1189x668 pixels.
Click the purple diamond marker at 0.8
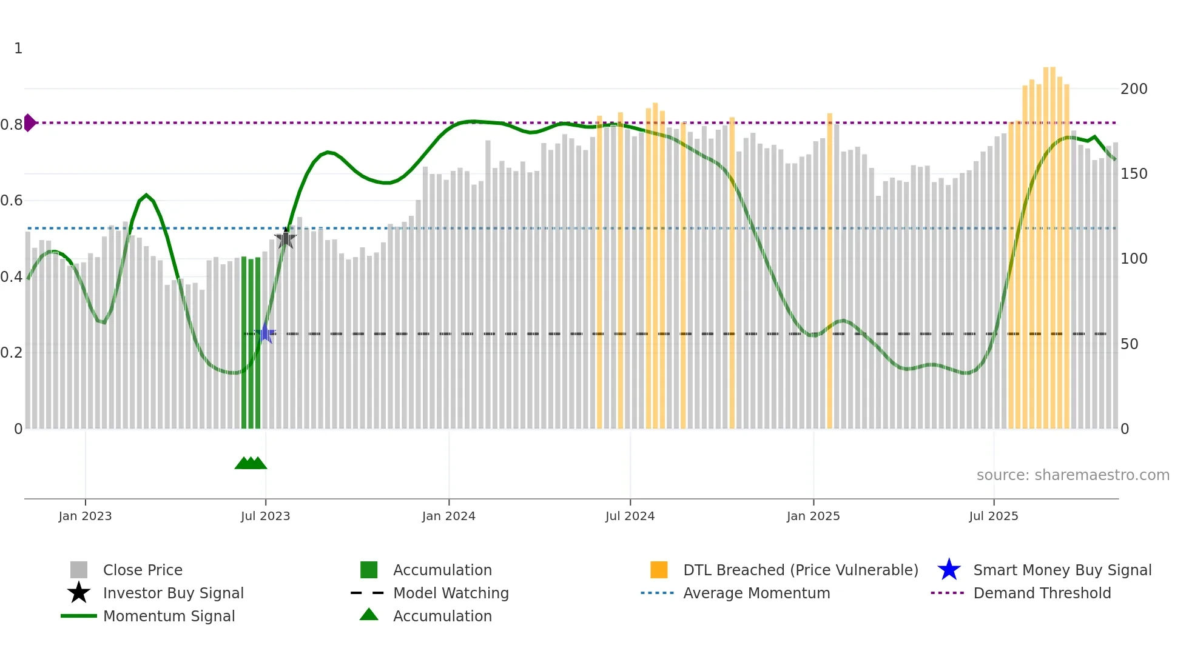point(29,122)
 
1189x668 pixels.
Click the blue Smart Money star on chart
point(265,333)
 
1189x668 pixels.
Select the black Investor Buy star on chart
point(285,238)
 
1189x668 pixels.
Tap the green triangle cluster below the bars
point(251,463)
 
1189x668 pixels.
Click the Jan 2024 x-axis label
point(448,516)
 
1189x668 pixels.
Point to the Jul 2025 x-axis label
point(993,516)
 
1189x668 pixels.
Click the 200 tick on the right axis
point(1133,89)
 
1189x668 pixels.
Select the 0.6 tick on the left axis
point(12,201)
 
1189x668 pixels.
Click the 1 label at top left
point(18,48)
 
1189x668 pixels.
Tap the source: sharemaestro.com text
point(1073,475)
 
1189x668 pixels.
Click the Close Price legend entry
point(142,570)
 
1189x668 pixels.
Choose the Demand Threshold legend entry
point(1042,593)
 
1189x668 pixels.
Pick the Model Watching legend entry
point(450,593)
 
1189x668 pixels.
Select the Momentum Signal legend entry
point(169,616)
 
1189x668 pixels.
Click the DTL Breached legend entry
point(800,570)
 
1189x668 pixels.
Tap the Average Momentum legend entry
point(756,593)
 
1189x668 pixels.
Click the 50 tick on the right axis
point(1129,344)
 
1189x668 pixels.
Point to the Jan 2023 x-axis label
point(85,516)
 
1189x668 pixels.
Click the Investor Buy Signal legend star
point(79,593)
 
